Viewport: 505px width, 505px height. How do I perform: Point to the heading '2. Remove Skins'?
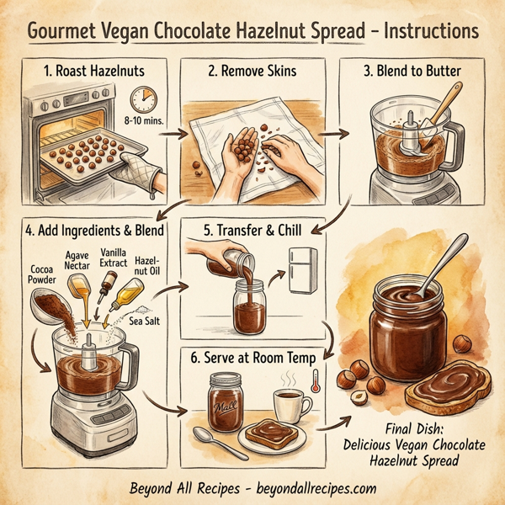pyautogui.click(x=251, y=72)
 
